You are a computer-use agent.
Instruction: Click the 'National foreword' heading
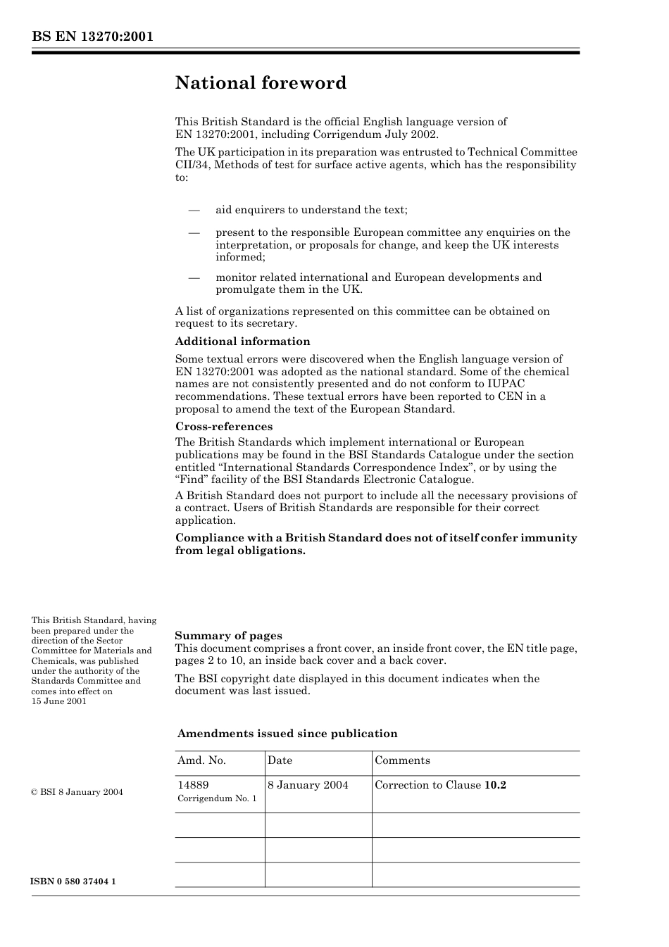tap(261, 83)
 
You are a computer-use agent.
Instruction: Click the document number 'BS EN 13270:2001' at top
tap(92, 37)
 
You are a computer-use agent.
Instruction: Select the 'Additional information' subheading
tap(242, 341)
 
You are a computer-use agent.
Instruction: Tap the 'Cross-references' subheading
tap(223, 427)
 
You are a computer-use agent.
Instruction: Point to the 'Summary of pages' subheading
tap(228, 636)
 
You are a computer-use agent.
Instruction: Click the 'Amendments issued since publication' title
tap(287, 734)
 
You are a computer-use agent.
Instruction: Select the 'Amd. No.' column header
tap(201, 760)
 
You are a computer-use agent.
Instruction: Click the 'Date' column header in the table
tap(280, 760)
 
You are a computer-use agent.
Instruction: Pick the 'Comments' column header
tap(402, 760)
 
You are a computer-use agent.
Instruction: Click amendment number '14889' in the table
tap(193, 785)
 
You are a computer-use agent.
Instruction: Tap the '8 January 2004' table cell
tap(308, 785)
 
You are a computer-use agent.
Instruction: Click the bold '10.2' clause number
tap(495, 785)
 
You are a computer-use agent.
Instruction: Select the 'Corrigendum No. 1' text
tap(217, 799)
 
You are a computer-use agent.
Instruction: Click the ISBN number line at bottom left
tap(73, 882)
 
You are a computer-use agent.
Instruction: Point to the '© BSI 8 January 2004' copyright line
tap(77, 792)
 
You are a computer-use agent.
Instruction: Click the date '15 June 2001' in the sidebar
tap(59, 701)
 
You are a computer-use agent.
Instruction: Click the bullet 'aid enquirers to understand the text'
tap(311, 210)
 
